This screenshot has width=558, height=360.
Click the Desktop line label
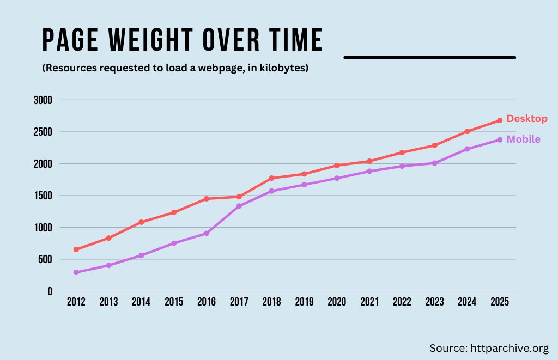(526, 119)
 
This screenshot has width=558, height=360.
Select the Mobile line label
(523, 139)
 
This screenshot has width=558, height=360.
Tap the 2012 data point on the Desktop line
(76, 249)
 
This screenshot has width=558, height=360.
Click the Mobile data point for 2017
(239, 206)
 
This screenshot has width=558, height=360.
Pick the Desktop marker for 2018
(271, 178)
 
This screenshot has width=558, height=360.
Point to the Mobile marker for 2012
(76, 272)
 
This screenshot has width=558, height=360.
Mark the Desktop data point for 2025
(500, 120)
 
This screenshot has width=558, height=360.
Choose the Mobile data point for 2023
(434, 163)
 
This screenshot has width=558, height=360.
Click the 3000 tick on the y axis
(42, 100)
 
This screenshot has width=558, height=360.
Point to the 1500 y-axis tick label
(42, 196)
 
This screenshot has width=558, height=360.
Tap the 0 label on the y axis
(50, 291)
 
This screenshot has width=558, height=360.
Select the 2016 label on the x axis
(206, 302)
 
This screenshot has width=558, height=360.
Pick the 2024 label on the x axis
(467, 302)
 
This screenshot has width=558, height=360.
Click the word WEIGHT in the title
(151, 40)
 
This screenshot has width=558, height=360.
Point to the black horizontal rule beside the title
(429, 57)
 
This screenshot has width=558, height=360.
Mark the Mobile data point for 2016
(206, 233)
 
